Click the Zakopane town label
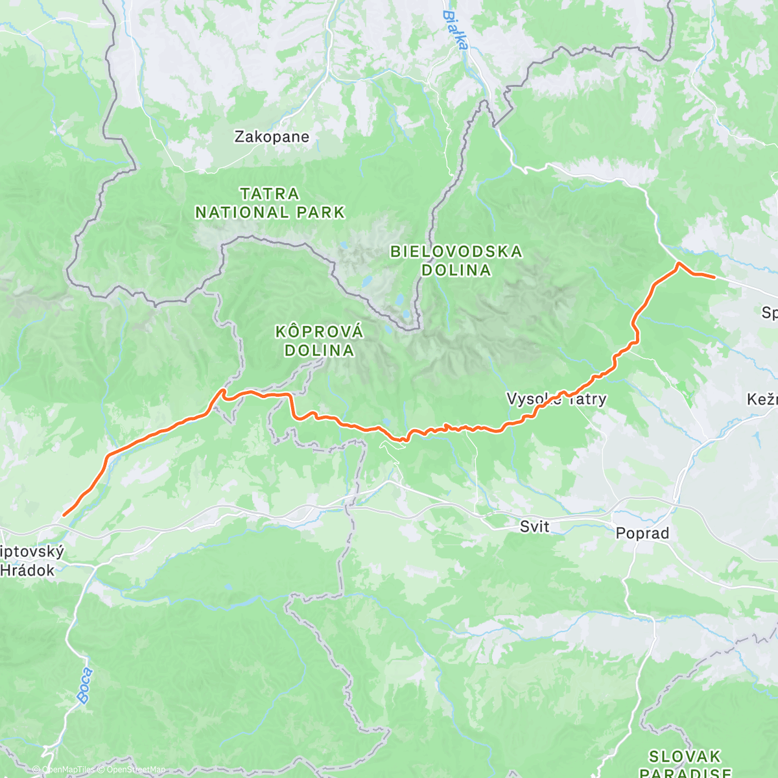tap(272, 137)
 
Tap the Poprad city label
tap(642, 533)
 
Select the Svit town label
tap(534, 526)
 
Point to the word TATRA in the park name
tap(270, 194)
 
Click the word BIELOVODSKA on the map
tap(456, 252)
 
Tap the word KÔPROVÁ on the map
tap(319, 332)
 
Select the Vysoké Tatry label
tap(556, 399)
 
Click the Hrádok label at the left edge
tap(27, 571)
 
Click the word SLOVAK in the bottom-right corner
tap(685, 757)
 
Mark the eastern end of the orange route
tap(714, 277)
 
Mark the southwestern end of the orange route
tap(64, 515)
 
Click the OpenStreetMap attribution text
tap(136, 770)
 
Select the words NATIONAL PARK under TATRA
tap(270, 212)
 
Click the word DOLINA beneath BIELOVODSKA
tap(456, 270)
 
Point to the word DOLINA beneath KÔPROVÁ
tap(319, 351)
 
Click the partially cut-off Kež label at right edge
tap(762, 399)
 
